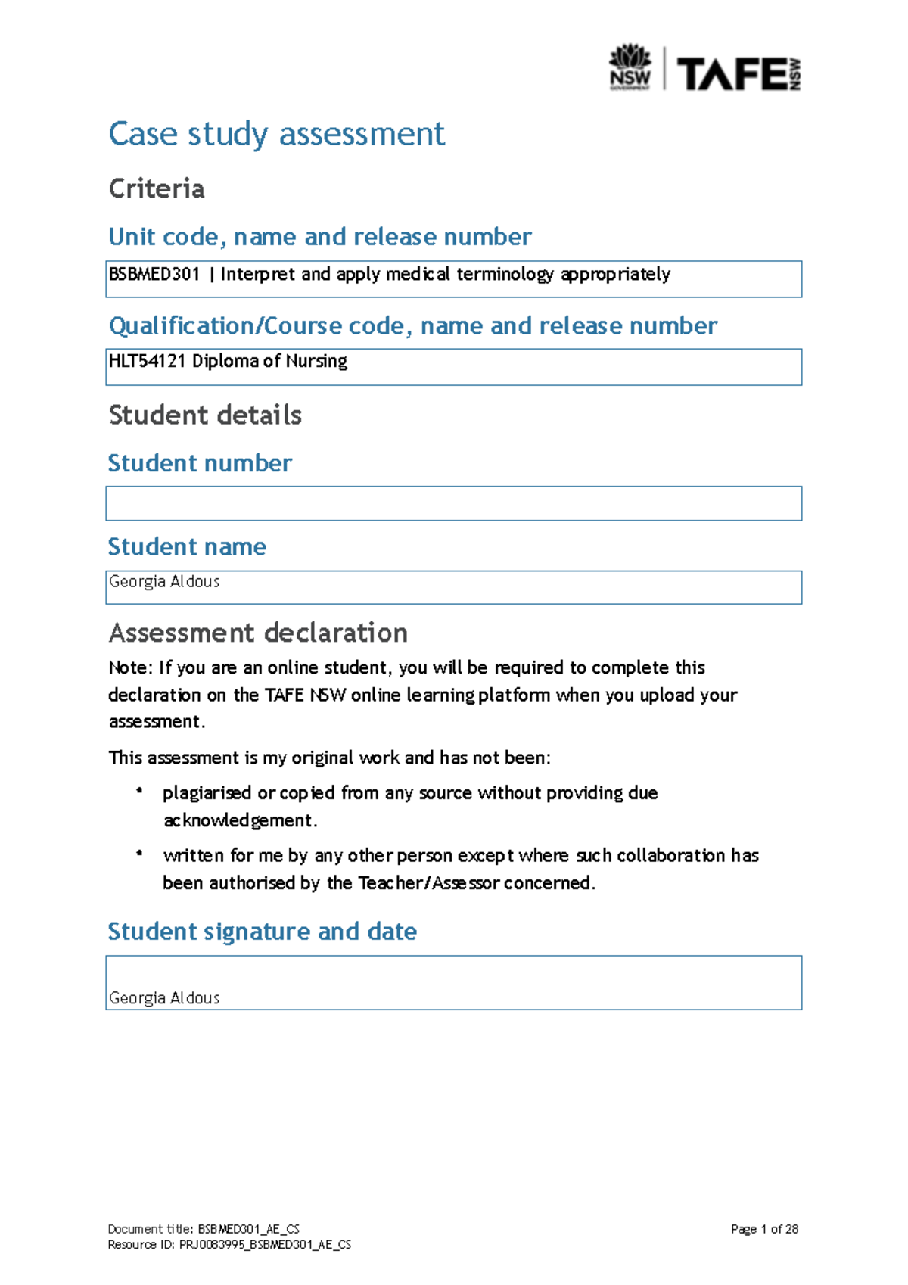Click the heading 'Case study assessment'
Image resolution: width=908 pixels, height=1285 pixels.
[x=276, y=134]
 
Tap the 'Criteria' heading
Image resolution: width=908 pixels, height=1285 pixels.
[x=157, y=188]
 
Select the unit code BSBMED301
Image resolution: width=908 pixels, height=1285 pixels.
[x=154, y=274]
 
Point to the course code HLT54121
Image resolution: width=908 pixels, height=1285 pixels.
[x=147, y=361]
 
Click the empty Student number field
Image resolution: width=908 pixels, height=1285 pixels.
[x=453, y=503]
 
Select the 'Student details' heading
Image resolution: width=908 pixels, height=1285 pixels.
[x=205, y=415]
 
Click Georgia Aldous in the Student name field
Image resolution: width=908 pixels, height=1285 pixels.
[x=164, y=581]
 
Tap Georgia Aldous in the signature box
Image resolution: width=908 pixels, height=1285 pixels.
[x=164, y=997]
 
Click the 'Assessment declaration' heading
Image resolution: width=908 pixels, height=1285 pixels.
[x=258, y=632]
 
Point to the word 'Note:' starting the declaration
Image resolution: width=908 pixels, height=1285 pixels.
[x=130, y=667]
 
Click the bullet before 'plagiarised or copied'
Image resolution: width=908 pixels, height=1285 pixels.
[x=139, y=791]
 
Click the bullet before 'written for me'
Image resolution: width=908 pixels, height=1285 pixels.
[x=139, y=854]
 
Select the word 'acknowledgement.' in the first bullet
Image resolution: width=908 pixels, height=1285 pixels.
[x=241, y=820]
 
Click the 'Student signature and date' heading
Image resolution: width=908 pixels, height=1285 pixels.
[x=262, y=931]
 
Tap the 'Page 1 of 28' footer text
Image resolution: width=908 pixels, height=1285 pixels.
[x=764, y=1229]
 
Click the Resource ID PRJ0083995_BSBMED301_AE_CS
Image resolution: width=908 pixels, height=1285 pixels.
[x=265, y=1245]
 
